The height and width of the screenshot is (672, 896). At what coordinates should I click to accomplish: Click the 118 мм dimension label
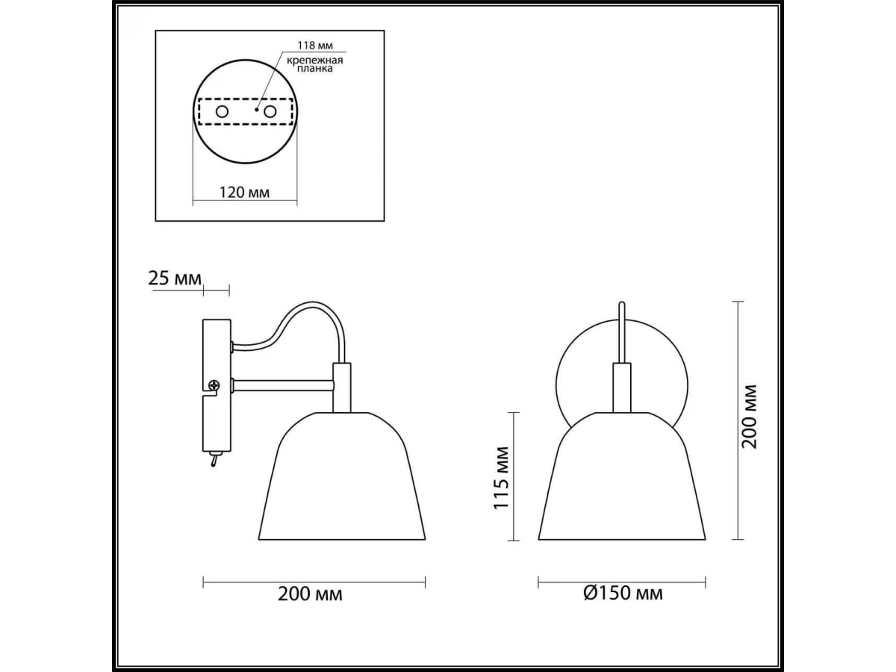pyautogui.click(x=315, y=45)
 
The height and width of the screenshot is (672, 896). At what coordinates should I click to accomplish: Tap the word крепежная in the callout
pyautogui.click(x=315, y=60)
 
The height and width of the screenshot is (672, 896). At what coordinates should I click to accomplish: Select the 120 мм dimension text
pyautogui.click(x=244, y=192)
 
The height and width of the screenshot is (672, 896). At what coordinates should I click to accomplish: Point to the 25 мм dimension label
pyautogui.click(x=175, y=279)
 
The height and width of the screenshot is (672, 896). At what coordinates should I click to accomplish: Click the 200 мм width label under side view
pyautogui.click(x=310, y=594)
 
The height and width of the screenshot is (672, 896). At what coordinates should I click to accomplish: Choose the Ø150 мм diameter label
pyautogui.click(x=623, y=593)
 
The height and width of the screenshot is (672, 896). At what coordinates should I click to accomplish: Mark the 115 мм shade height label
pyautogui.click(x=502, y=478)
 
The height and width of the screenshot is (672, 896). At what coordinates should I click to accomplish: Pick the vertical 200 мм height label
pyautogui.click(x=749, y=417)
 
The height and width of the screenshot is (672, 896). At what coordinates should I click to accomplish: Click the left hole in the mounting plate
pyautogui.click(x=222, y=111)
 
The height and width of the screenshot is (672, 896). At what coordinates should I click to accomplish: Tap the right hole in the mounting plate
pyautogui.click(x=270, y=111)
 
